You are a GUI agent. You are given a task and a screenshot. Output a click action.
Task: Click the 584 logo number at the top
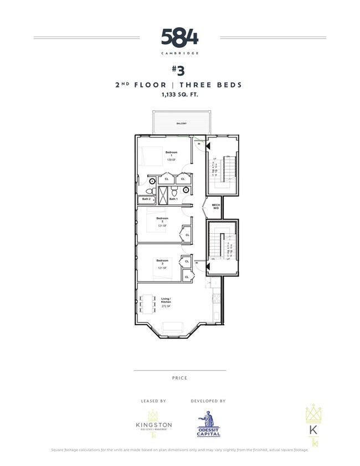(179, 38)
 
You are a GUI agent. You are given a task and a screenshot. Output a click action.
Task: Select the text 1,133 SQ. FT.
(179, 95)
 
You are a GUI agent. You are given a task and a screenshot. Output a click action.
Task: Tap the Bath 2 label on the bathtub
(146, 198)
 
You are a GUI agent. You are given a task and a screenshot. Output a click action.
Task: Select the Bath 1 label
(173, 199)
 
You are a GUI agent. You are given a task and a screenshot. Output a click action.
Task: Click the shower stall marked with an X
(163, 196)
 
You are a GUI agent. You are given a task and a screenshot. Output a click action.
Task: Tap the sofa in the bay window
(172, 326)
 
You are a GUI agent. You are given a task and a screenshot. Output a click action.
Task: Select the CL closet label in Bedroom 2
(187, 234)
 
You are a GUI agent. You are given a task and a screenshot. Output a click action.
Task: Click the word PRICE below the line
(179, 378)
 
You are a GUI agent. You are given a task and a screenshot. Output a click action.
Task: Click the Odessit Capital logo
(208, 424)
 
